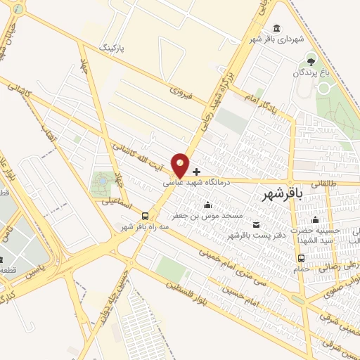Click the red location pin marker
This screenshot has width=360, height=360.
click(x=181, y=165)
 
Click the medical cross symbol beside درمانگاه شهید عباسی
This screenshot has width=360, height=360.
click(x=196, y=171)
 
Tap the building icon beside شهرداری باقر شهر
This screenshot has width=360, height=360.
click(x=276, y=28)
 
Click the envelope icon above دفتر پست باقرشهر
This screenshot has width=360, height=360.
click(x=255, y=225)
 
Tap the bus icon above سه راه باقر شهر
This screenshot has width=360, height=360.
click(x=144, y=216)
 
